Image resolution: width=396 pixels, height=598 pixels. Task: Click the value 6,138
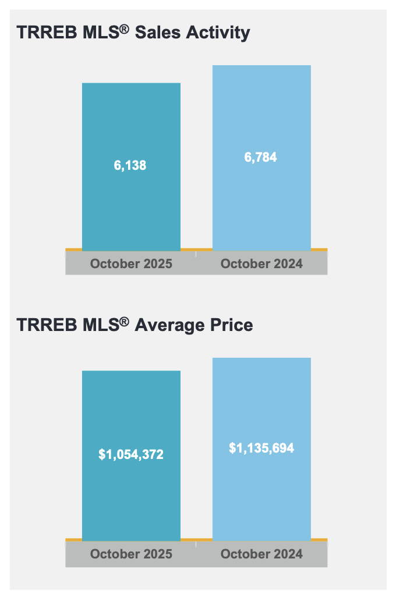[130, 165]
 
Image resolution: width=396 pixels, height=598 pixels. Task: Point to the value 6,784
[261, 157]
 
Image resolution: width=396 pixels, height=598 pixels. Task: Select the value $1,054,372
[131, 454]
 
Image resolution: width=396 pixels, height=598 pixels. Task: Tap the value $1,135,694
[261, 448]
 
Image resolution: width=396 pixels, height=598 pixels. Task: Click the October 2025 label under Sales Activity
[131, 264]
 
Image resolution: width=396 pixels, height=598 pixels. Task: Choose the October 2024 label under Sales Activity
[261, 264]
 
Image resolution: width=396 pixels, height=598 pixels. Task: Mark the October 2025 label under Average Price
[131, 554]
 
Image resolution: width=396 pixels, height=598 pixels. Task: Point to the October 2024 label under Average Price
[261, 554]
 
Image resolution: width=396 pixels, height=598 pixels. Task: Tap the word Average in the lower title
[169, 325]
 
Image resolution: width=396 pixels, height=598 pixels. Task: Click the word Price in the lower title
[231, 325]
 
